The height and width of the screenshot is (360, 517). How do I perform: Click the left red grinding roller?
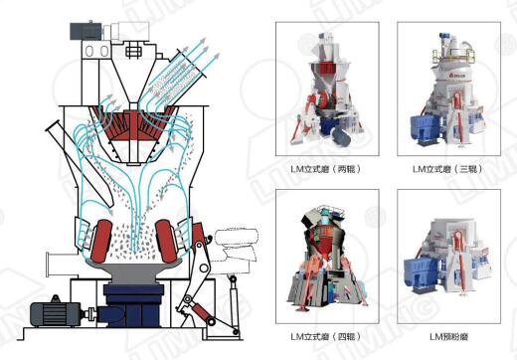(101, 241)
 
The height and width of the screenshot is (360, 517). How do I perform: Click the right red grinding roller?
(167, 241)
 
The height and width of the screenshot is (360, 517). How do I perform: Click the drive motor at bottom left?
(56, 313)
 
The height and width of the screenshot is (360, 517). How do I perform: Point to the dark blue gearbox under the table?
(133, 305)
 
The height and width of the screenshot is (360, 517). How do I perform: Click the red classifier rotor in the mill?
(133, 123)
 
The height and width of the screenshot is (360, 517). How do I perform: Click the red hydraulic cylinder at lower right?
(200, 312)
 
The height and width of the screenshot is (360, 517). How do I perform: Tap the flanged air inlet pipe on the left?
(63, 265)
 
